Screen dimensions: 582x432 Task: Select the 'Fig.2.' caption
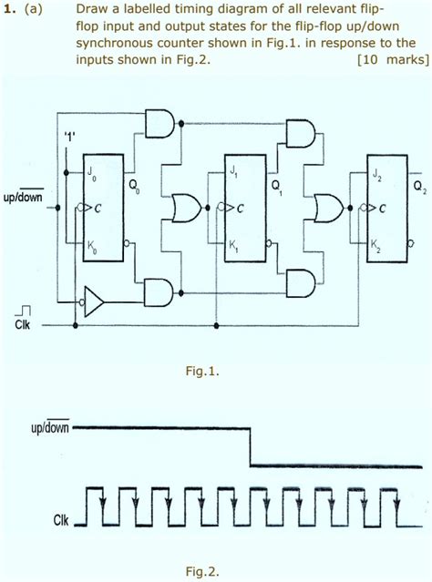[202, 572]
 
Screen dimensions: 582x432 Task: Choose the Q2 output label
[418, 189]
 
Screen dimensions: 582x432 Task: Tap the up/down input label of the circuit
[22, 195]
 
